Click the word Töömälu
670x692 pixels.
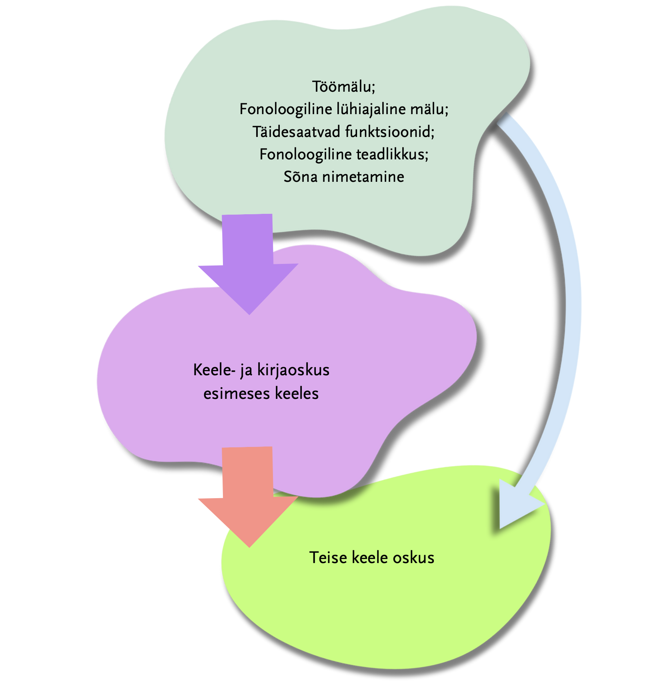pyautogui.click(x=343, y=87)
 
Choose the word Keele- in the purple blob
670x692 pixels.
pyautogui.click(x=214, y=370)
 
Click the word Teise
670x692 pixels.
pyautogui.click(x=328, y=557)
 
